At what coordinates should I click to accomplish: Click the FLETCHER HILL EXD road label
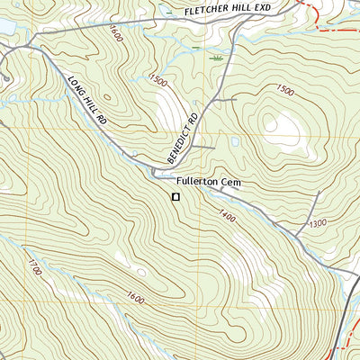pos(227,9)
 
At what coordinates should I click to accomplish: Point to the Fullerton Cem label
pos(210,182)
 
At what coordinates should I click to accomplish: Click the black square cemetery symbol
pos(176,196)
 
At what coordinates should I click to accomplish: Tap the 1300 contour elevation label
pos(318,222)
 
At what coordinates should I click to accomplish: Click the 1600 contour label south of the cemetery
pos(135,297)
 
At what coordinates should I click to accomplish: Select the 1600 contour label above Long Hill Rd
pos(114,33)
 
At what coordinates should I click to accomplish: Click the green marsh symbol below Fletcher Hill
pos(216,58)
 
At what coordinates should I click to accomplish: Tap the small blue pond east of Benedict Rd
pos(235,141)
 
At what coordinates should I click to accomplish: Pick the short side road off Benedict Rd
pos(202,146)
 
